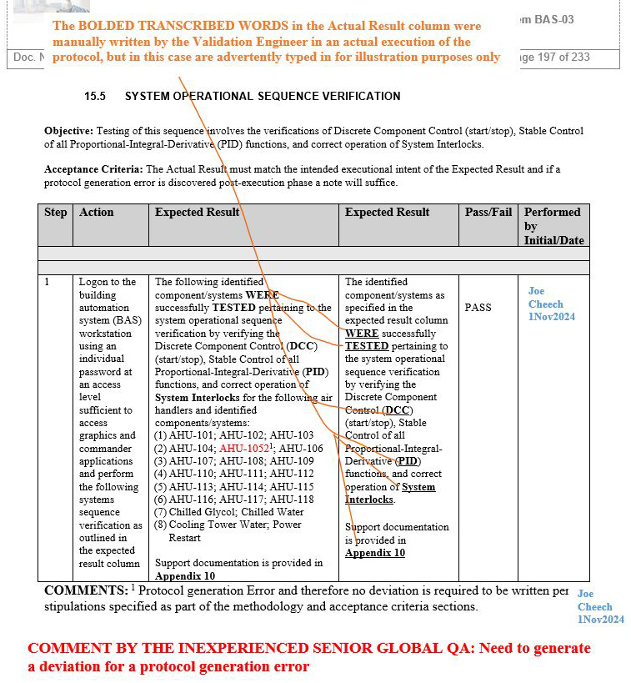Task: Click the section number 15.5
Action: [95, 97]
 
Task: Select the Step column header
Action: [56, 213]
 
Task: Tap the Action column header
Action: [97, 213]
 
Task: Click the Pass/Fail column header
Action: [488, 213]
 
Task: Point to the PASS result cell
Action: [478, 308]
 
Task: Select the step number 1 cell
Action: [48, 283]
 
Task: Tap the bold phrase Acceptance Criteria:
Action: [93, 169]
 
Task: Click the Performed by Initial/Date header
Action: [553, 226]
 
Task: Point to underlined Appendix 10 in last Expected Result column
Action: [375, 553]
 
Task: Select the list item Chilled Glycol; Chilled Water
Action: [236, 512]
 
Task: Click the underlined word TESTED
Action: [367, 346]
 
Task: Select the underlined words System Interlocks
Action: [390, 493]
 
